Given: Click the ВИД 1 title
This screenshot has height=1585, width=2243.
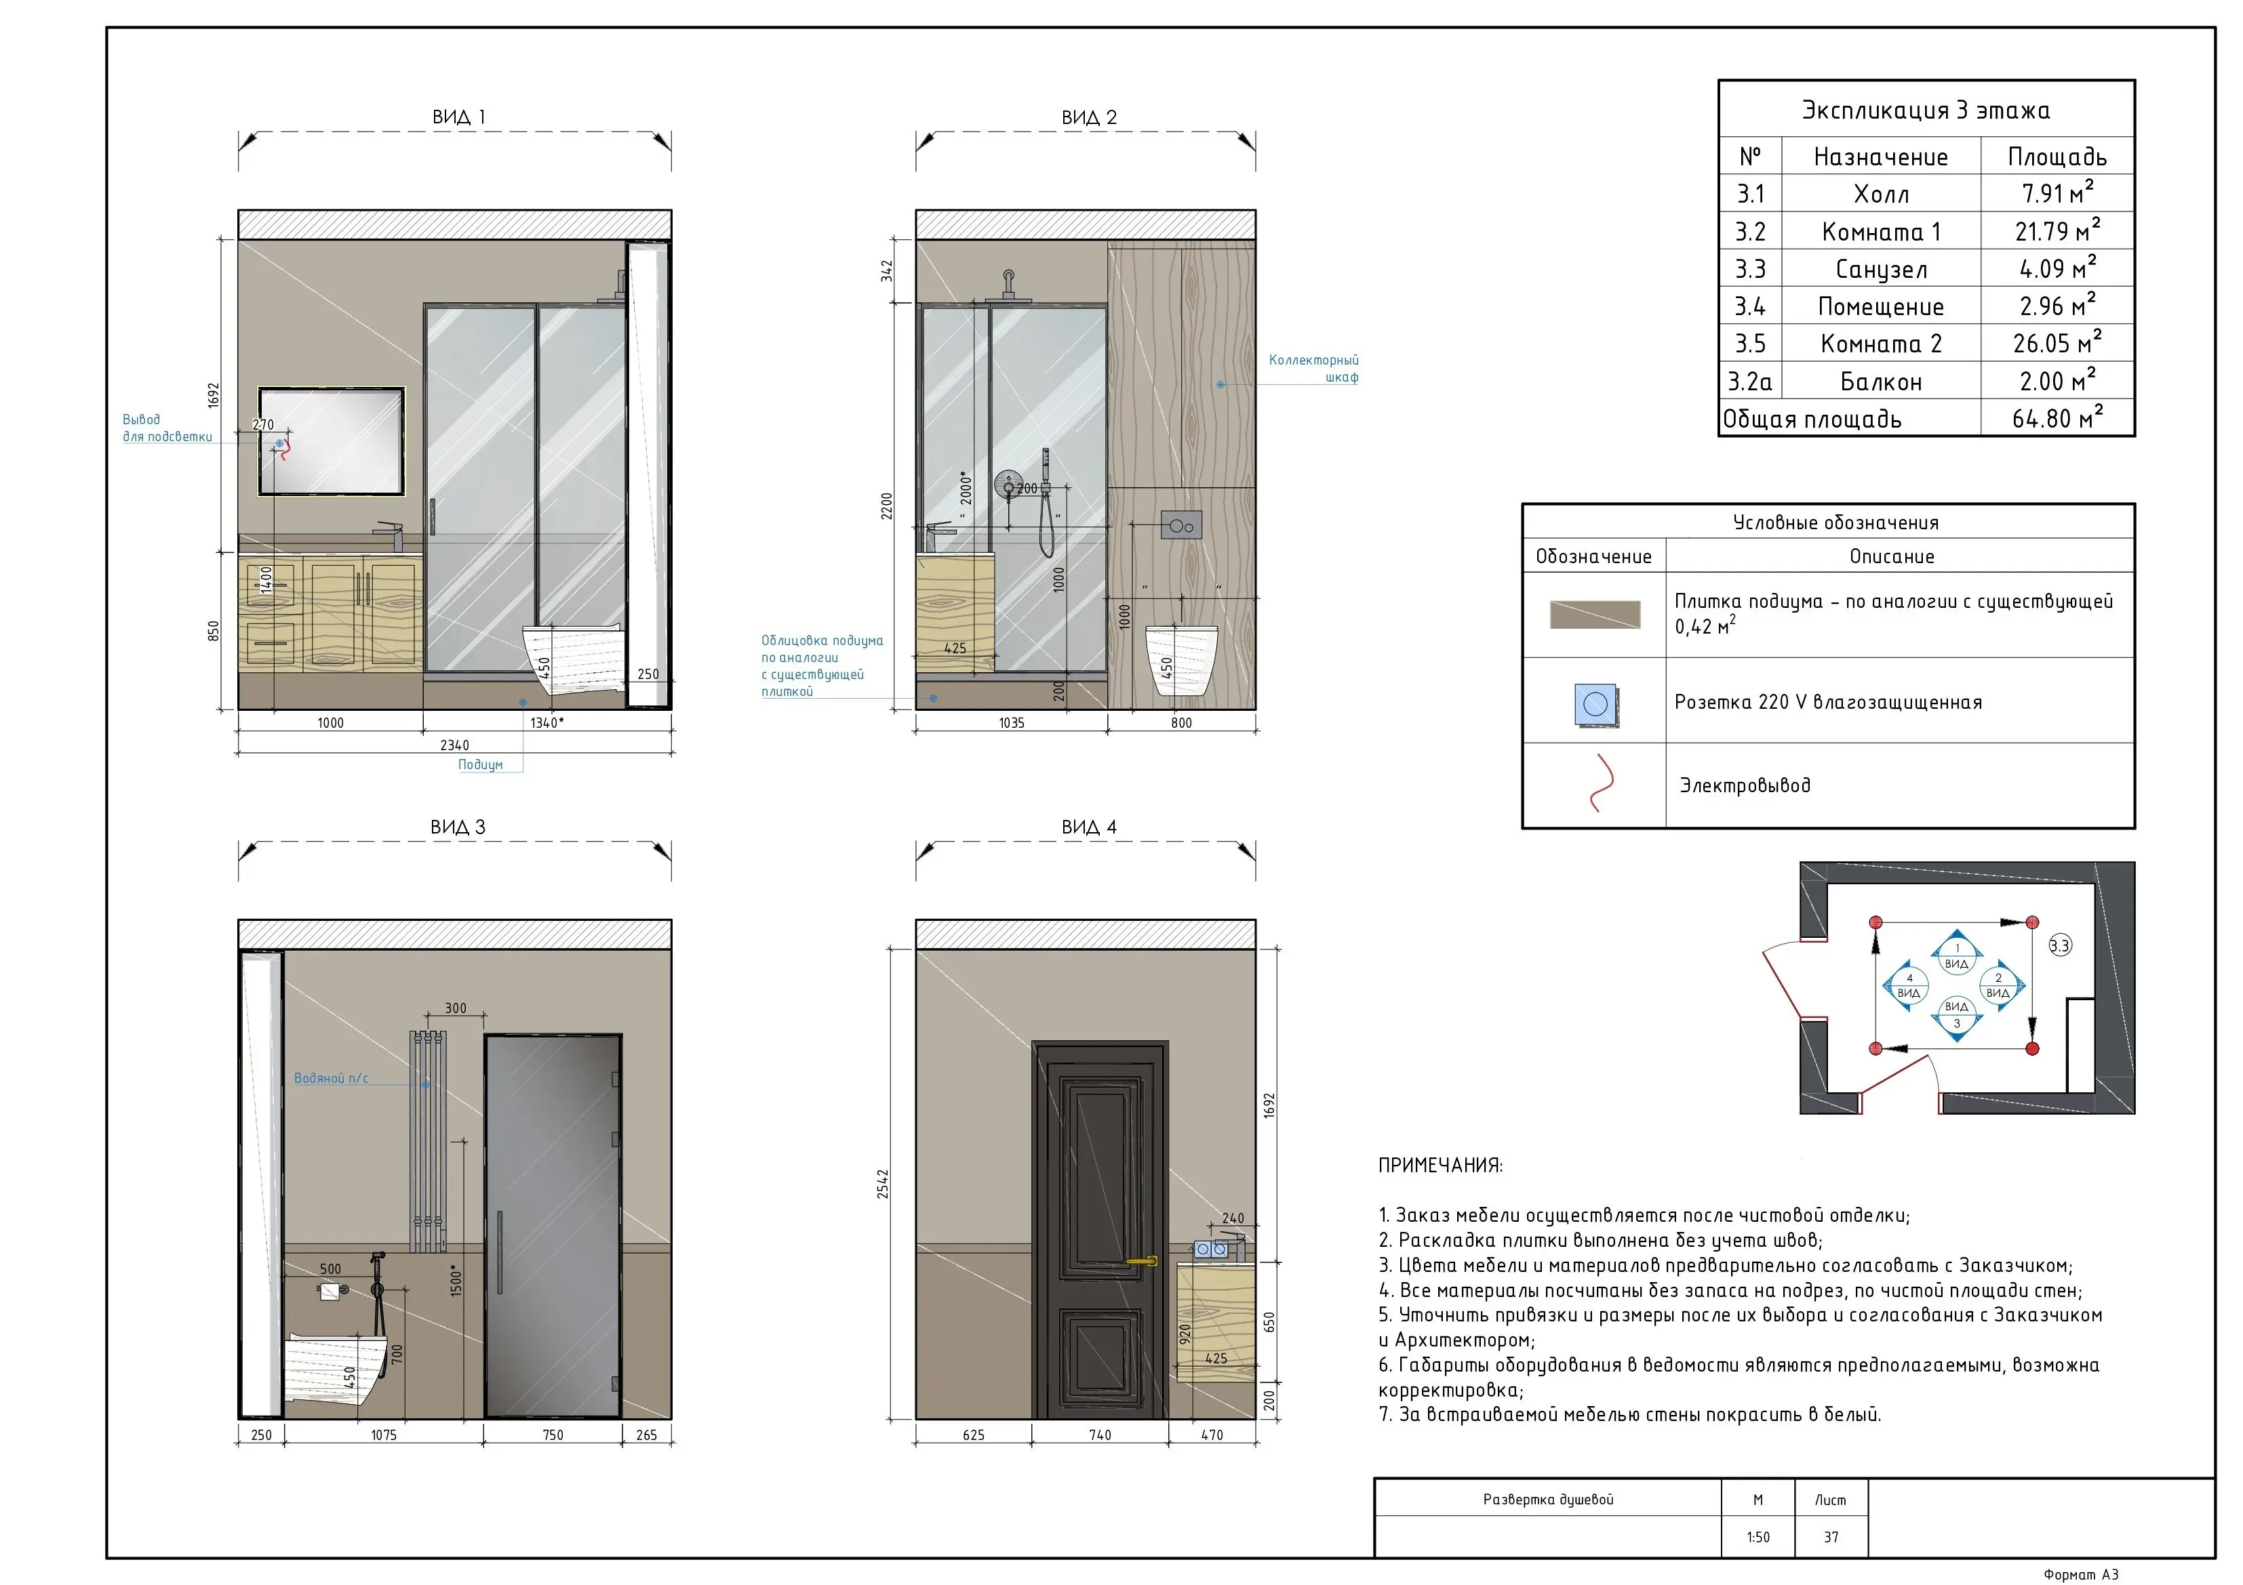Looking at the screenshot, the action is (458, 117).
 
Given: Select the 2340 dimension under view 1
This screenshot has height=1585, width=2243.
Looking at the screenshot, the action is (454, 745).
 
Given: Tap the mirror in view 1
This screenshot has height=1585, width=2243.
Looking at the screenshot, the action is (331, 441).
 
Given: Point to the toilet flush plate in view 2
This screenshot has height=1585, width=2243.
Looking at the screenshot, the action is (1181, 525).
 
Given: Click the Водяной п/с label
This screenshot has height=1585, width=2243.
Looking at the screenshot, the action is (331, 1078).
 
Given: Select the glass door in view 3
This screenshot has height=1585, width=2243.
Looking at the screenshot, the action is (553, 1226).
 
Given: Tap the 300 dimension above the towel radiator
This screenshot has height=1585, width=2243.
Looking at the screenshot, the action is (455, 1008).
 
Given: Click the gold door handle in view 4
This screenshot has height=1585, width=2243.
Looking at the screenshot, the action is (1142, 1261).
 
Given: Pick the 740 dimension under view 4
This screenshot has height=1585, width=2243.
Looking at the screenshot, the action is (1100, 1435).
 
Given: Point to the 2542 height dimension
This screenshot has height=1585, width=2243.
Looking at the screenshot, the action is (883, 1184).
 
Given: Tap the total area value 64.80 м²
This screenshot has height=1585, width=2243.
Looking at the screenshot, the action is (2057, 418).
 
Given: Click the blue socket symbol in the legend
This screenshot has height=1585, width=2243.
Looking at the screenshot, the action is (1595, 704).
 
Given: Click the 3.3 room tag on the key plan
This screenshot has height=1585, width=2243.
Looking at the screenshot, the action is (2059, 945).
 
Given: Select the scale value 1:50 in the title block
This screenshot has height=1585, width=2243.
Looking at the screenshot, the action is (1758, 1537).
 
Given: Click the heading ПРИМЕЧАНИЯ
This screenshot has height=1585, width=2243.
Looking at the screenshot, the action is (1440, 1165).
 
